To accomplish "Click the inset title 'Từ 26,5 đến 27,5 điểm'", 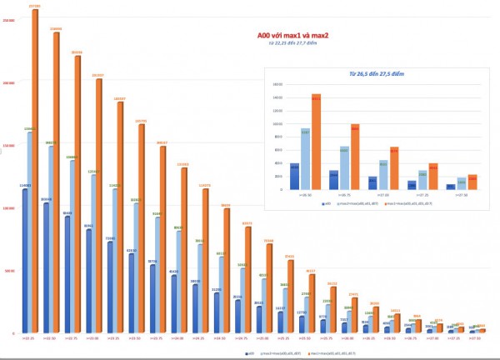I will click(x=375, y=74).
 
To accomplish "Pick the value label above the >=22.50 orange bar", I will click(x=55, y=28).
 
